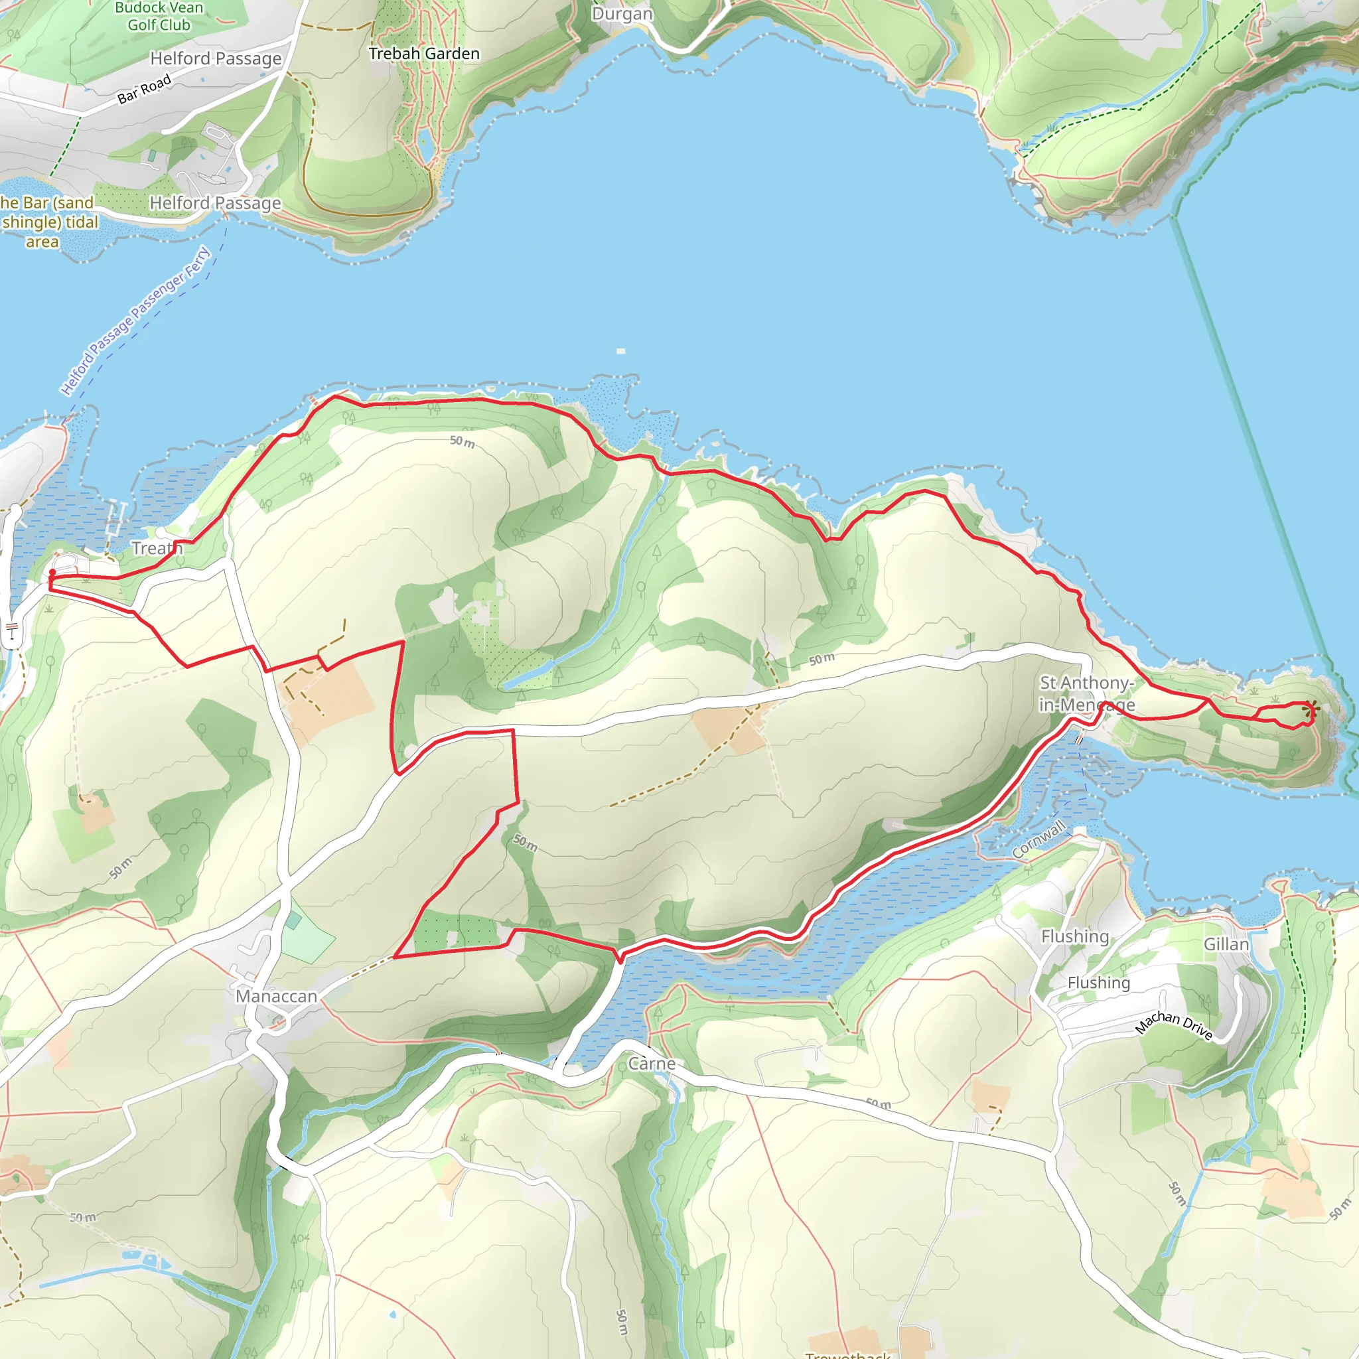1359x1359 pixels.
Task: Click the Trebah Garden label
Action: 424,54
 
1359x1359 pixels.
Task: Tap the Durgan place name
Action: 622,14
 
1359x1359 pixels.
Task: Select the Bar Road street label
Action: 144,90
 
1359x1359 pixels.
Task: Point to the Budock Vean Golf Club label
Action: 159,16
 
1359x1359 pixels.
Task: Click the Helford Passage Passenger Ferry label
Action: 136,321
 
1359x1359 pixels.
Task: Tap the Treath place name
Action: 157,548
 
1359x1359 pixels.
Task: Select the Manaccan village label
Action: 277,996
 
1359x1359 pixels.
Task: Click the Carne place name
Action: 652,1064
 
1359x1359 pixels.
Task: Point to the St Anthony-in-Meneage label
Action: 1087,693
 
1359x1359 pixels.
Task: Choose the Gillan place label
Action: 1226,944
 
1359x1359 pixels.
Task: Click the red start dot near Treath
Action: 52,573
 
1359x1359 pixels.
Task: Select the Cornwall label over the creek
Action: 1038,839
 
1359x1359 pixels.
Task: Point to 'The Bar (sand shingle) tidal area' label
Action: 48,222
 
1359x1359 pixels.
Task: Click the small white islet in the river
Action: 620,351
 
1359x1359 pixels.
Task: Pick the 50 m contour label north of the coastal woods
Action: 462,442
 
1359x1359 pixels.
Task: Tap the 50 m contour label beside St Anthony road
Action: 822,659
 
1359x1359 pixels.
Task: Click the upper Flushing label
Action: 1075,936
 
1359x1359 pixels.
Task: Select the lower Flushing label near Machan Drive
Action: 1099,983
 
